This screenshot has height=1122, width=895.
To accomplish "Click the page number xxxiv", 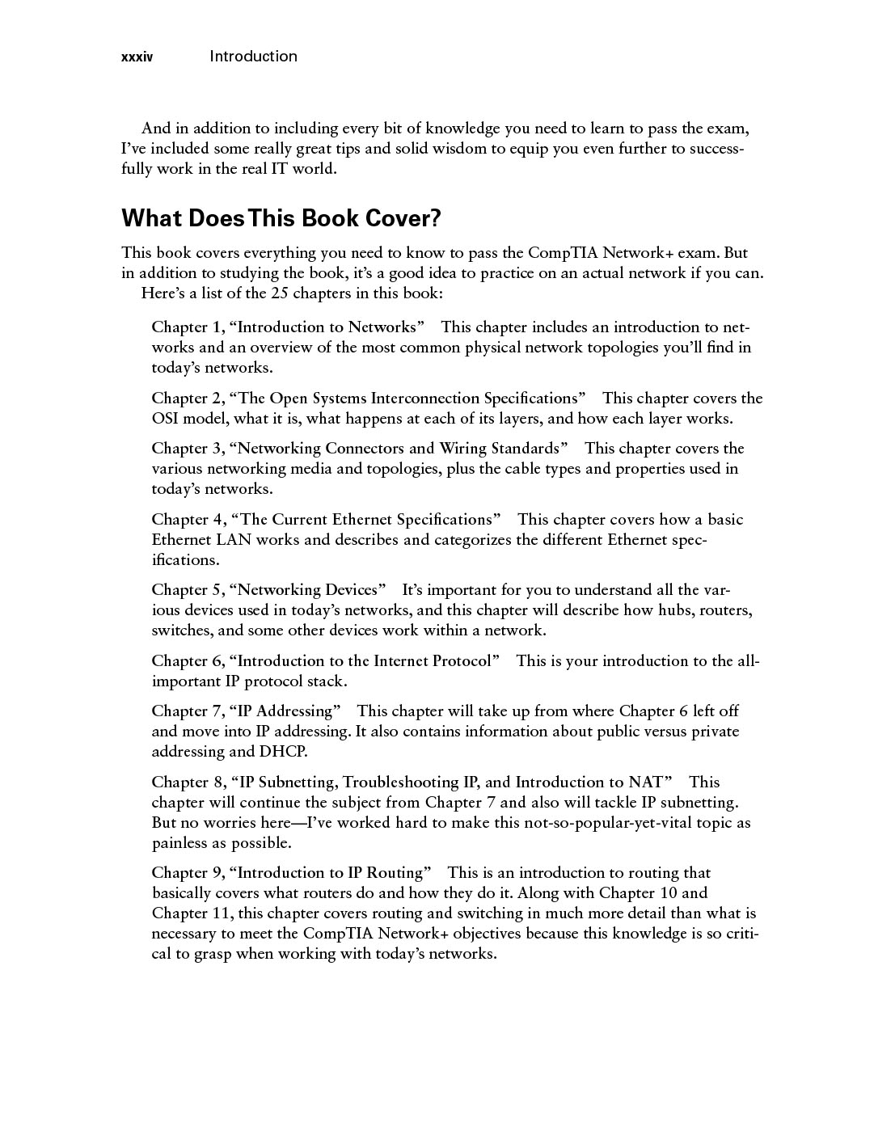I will click(137, 57).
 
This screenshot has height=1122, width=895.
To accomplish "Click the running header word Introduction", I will click(253, 57).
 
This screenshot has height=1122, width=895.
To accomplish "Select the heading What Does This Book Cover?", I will click(281, 218).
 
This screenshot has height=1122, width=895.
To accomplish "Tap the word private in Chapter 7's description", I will click(711, 732).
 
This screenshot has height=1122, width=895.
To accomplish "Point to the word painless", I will click(179, 843).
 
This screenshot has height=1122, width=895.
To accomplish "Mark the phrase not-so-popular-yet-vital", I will click(617, 823).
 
